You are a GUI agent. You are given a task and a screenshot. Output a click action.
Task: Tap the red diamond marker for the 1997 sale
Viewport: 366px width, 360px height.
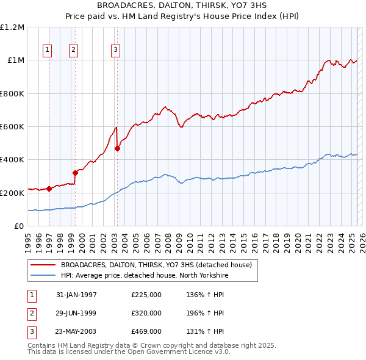(49, 189)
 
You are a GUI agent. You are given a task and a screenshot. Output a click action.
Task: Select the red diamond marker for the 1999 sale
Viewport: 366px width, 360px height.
(75, 173)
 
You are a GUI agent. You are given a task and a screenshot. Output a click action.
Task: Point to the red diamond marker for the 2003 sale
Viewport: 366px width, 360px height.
(117, 148)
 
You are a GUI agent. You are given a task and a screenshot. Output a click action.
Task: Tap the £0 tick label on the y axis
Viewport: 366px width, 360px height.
(18, 226)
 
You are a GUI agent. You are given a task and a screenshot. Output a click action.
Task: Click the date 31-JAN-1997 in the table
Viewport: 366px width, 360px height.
(76, 295)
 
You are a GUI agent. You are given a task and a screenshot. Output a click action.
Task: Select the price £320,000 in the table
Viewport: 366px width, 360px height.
(146, 313)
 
